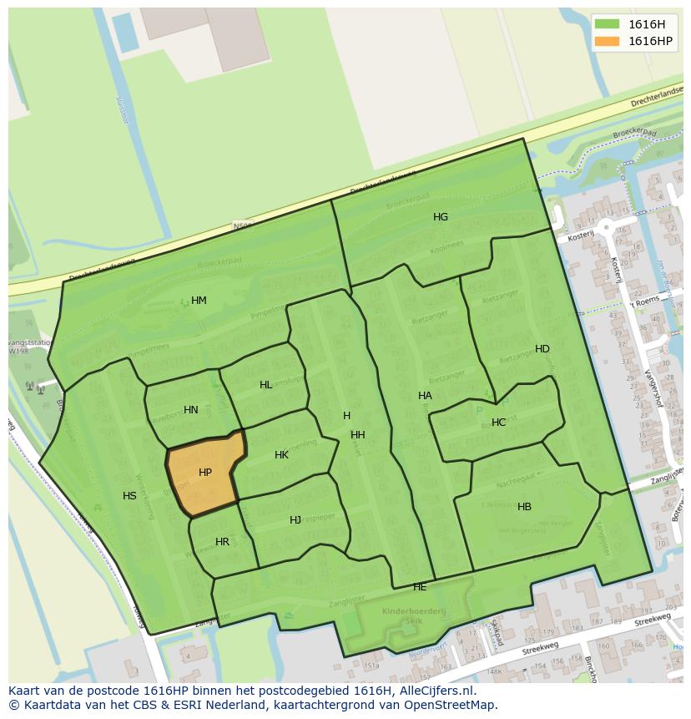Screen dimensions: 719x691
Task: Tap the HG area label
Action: (x=441, y=217)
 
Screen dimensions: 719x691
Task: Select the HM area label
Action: (x=199, y=301)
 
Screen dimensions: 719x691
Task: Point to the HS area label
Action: (x=129, y=496)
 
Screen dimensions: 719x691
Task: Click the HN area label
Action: (x=191, y=410)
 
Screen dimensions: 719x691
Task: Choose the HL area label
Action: (x=266, y=385)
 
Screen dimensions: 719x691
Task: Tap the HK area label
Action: (x=281, y=455)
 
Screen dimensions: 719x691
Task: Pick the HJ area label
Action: (x=295, y=520)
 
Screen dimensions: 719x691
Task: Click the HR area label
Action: (x=222, y=542)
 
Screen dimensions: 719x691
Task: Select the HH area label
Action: (x=358, y=435)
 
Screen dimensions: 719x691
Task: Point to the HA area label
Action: (x=425, y=396)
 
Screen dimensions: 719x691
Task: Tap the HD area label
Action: (x=542, y=349)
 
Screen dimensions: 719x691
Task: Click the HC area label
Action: (x=498, y=423)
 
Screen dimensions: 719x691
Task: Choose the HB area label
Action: (x=524, y=507)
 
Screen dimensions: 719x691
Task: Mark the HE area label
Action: (x=420, y=587)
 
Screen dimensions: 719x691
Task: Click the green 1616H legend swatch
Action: (x=607, y=24)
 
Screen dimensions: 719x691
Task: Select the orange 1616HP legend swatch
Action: (x=607, y=41)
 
